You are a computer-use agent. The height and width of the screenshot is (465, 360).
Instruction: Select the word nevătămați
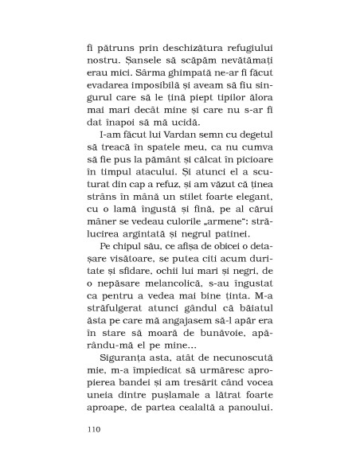tap(237, 61)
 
